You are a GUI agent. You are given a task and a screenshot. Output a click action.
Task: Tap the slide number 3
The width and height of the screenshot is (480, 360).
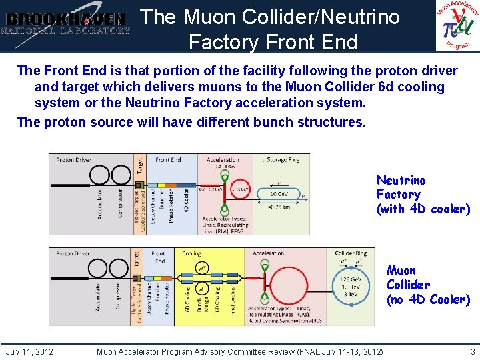[473, 351]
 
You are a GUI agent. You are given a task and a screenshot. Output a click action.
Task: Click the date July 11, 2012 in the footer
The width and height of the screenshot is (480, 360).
[29, 351]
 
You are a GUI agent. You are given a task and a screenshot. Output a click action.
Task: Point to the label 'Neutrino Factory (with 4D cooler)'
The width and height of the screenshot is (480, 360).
[423, 195]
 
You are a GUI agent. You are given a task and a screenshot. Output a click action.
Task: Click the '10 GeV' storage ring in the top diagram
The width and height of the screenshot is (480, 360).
[280, 193]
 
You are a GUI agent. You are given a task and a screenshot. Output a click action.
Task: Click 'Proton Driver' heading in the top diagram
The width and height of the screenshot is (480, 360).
[73, 160]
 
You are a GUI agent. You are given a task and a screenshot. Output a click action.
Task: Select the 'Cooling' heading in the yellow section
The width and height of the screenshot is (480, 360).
[191, 254]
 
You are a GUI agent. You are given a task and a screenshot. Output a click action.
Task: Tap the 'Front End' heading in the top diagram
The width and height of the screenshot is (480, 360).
[168, 160]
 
